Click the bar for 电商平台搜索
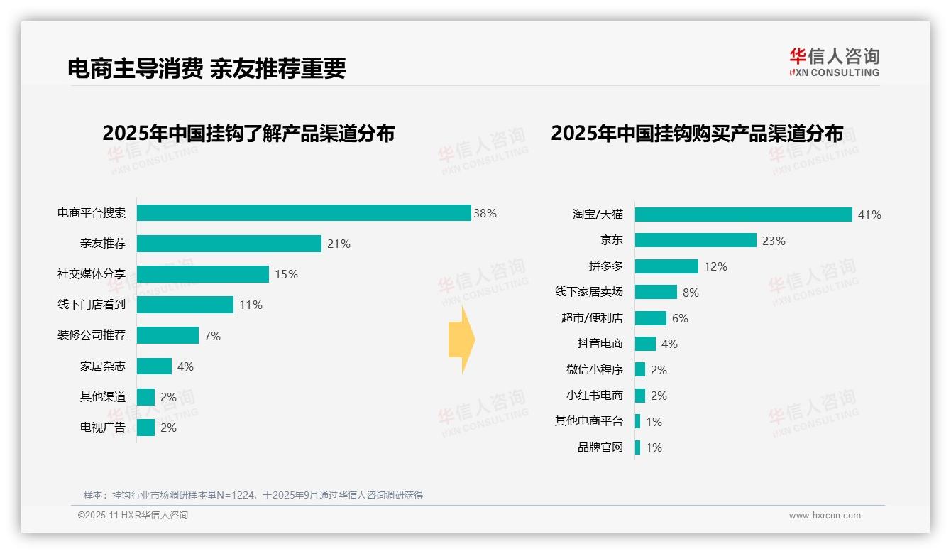pyautogui.click(x=304, y=213)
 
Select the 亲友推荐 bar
pyautogui.click(x=229, y=244)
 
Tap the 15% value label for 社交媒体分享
pyautogui.click(x=286, y=274)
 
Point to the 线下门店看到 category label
pyautogui.click(x=92, y=305)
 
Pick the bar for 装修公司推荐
pyautogui.click(x=167, y=335)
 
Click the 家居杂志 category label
pyautogui.click(x=103, y=366)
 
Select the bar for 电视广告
pyautogui.click(x=145, y=428)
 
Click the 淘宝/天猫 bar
pyautogui.click(x=743, y=214)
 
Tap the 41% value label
pyautogui.click(x=869, y=214)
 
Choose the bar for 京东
pyautogui.click(x=696, y=241)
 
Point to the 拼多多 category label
pyautogui.click(x=605, y=266)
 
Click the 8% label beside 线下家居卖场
pyautogui.click(x=691, y=293)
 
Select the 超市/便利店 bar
pyautogui.click(x=651, y=318)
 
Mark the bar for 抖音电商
pyautogui.click(x=645, y=344)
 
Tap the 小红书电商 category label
pyautogui.click(x=594, y=396)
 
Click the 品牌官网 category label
pyautogui.click(x=600, y=447)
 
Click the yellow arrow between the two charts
pyautogui.click(x=461, y=340)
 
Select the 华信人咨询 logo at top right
pyautogui.click(x=834, y=62)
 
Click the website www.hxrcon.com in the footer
pyautogui.click(x=824, y=516)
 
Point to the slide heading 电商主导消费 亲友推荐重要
pyautogui.click(x=207, y=68)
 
